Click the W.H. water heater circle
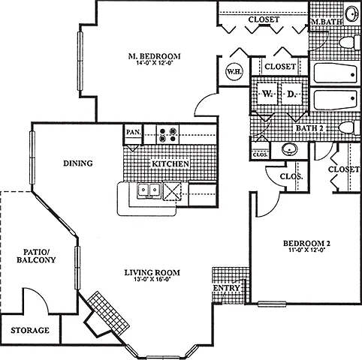point(234,71)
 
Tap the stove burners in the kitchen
point(168,134)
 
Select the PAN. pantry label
point(134,132)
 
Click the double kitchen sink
point(149,190)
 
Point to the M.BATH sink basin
point(352,13)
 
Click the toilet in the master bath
point(349,42)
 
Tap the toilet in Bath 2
point(350,127)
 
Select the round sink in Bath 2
point(290,150)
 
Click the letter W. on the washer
point(267,94)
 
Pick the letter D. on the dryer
point(291,94)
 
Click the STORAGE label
point(30,330)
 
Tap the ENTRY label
point(227,288)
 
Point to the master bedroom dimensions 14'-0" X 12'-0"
point(155,63)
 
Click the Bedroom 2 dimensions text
point(306,249)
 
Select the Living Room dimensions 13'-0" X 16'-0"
point(152,279)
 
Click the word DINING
point(78,163)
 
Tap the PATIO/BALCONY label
point(36,256)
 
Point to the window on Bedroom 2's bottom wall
point(272,304)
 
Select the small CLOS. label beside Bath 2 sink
point(260,154)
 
